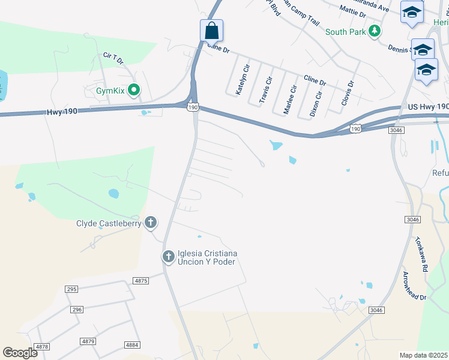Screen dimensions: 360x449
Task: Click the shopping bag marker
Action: pyautogui.click(x=211, y=30)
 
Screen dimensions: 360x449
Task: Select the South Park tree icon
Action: pyautogui.click(x=375, y=31)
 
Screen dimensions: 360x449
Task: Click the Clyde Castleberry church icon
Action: pyautogui.click(x=150, y=223)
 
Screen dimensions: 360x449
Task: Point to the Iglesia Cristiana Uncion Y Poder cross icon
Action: pyautogui.click(x=168, y=257)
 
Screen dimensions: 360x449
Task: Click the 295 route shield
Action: pyautogui.click(x=72, y=289)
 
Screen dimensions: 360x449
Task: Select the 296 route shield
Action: pyautogui.click(x=76, y=310)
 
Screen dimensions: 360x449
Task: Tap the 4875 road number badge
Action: pyautogui.click(x=141, y=281)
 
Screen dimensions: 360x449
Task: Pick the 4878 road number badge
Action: pyautogui.click(x=42, y=347)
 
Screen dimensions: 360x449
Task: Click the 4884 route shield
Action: pyautogui.click(x=132, y=345)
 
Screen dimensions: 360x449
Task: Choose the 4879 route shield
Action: pyautogui.click(x=88, y=341)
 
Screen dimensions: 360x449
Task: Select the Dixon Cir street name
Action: pyautogui.click(x=316, y=102)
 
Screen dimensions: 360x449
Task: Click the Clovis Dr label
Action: pyautogui.click(x=348, y=93)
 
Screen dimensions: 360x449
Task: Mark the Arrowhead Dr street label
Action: pyautogui.click(x=414, y=286)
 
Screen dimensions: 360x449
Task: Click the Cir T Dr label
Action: pyautogui.click(x=113, y=58)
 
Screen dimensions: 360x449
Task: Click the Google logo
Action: pyautogui.click(x=20, y=353)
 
